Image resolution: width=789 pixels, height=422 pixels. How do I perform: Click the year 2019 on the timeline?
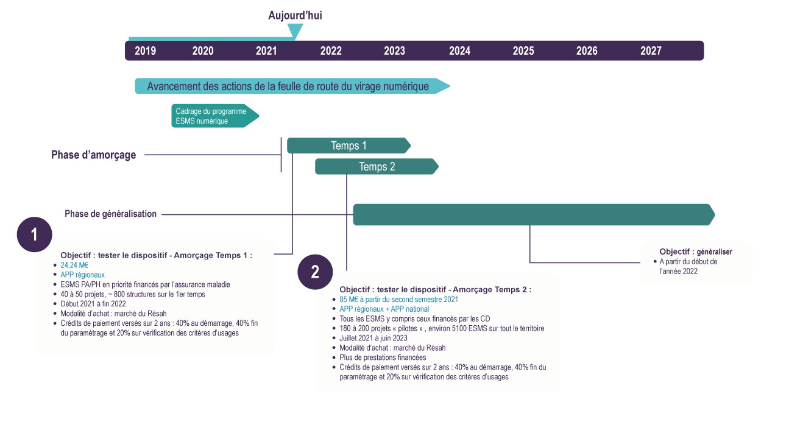(x=145, y=51)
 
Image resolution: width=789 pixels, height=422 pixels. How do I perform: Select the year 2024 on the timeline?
(x=459, y=51)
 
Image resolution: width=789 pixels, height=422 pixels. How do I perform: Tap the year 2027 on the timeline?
(x=651, y=51)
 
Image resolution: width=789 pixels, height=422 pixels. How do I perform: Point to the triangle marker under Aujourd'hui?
(x=295, y=31)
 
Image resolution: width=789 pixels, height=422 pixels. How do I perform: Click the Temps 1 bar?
(x=349, y=146)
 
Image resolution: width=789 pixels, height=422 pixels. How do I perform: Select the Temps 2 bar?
(x=377, y=166)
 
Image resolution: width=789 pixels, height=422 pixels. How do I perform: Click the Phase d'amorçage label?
(x=93, y=155)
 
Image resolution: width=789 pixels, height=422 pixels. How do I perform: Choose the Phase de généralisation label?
(x=111, y=214)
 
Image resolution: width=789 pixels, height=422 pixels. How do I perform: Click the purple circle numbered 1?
(x=34, y=234)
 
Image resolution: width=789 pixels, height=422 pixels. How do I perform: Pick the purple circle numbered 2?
(x=315, y=272)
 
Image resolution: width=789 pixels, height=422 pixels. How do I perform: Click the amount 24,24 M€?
(x=74, y=266)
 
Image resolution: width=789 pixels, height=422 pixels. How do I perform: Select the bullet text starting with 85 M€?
(x=398, y=300)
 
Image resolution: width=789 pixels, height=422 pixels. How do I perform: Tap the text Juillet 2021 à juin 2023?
(x=373, y=338)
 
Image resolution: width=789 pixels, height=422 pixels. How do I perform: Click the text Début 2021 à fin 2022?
(x=93, y=304)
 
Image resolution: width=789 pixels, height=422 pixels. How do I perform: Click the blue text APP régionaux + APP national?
(x=384, y=309)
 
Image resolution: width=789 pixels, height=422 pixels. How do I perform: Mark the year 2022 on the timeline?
(x=331, y=51)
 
